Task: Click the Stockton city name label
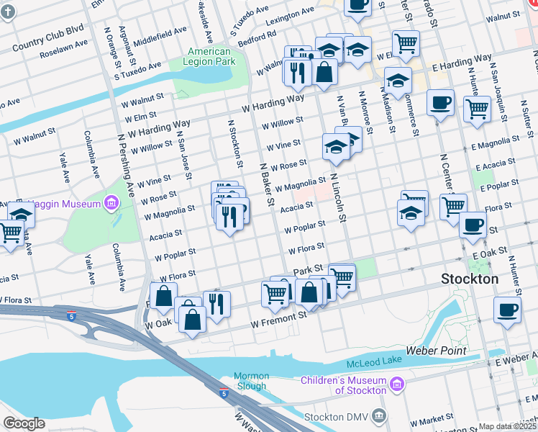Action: click(470, 279)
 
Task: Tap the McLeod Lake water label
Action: click(368, 360)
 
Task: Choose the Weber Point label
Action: click(436, 351)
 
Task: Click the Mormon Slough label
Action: click(251, 381)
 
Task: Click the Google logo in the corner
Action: click(24, 423)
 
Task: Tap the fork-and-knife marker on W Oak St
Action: click(216, 302)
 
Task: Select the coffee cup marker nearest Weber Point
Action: click(507, 310)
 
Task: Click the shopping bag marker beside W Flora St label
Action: click(163, 294)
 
